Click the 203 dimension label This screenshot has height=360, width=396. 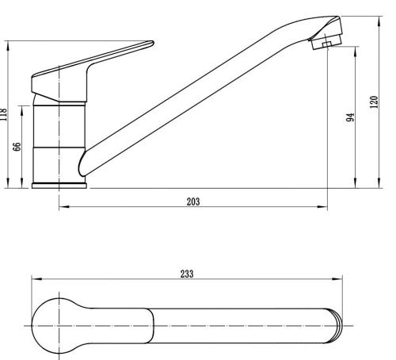point(193,201)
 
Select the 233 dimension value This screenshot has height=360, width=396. point(187,274)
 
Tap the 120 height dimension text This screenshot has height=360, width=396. point(374,101)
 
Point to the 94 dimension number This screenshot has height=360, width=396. point(350,117)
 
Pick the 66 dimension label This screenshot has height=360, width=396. point(17,147)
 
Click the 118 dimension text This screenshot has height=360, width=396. point(3,114)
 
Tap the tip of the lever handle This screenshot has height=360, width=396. point(153,42)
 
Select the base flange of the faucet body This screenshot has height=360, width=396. point(59,186)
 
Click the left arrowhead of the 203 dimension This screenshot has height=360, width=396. point(64,206)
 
